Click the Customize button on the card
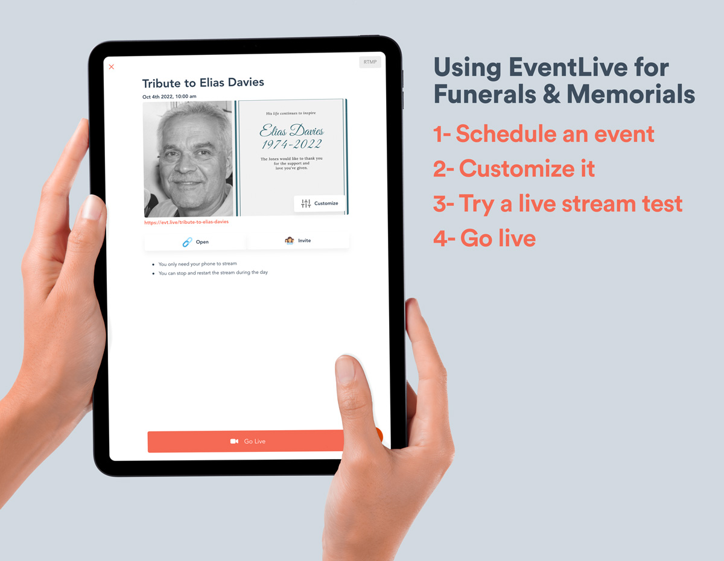(x=320, y=203)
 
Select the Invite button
(x=298, y=241)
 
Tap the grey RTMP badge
(x=370, y=62)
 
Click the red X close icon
(x=112, y=67)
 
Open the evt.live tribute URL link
(x=186, y=222)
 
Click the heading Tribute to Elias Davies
(x=203, y=83)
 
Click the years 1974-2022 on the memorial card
(x=291, y=144)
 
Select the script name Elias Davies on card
(x=292, y=130)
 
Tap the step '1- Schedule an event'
(x=543, y=134)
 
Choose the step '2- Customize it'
(x=514, y=169)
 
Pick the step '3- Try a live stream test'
(x=557, y=204)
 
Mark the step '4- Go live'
(x=484, y=238)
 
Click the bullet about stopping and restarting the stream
(x=213, y=273)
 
